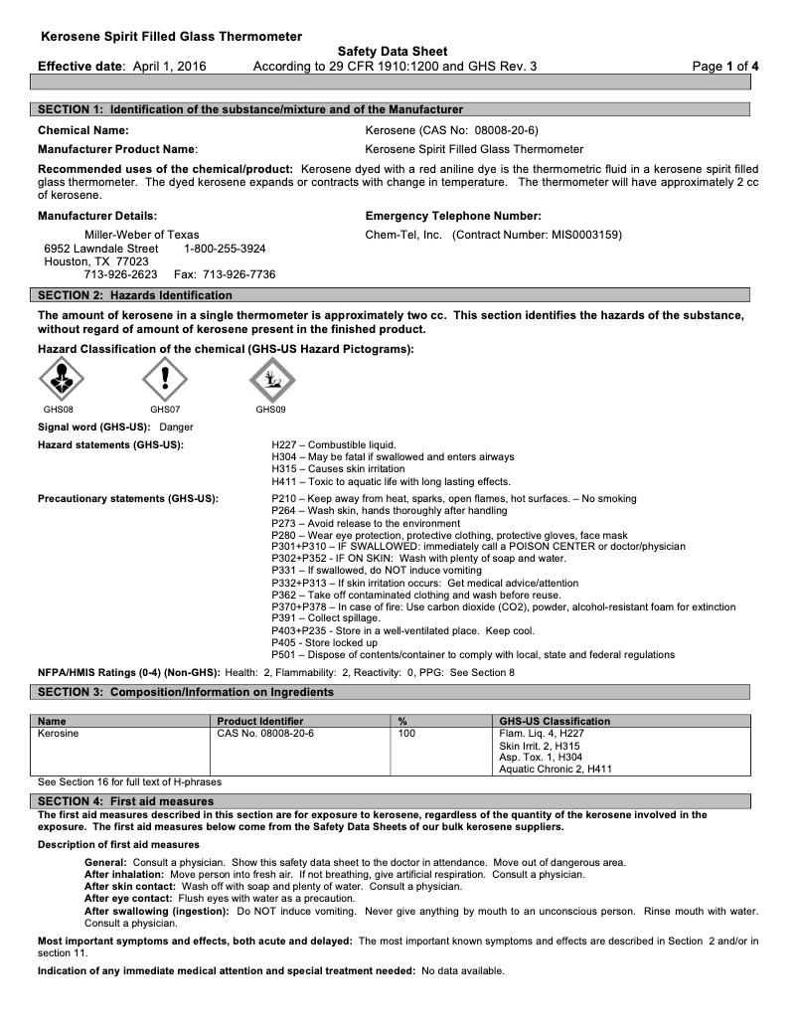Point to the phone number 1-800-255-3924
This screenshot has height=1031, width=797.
click(225, 249)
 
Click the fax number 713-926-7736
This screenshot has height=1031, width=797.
click(239, 274)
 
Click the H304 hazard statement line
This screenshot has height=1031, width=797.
click(393, 456)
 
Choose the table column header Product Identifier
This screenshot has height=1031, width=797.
click(260, 721)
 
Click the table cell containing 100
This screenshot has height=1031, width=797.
click(405, 733)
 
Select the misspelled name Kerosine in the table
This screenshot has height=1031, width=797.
click(59, 733)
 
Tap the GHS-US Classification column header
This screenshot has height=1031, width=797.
click(555, 721)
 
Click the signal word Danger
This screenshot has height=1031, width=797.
click(176, 427)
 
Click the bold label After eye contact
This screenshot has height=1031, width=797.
click(127, 898)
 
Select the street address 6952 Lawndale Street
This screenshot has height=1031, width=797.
click(101, 249)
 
